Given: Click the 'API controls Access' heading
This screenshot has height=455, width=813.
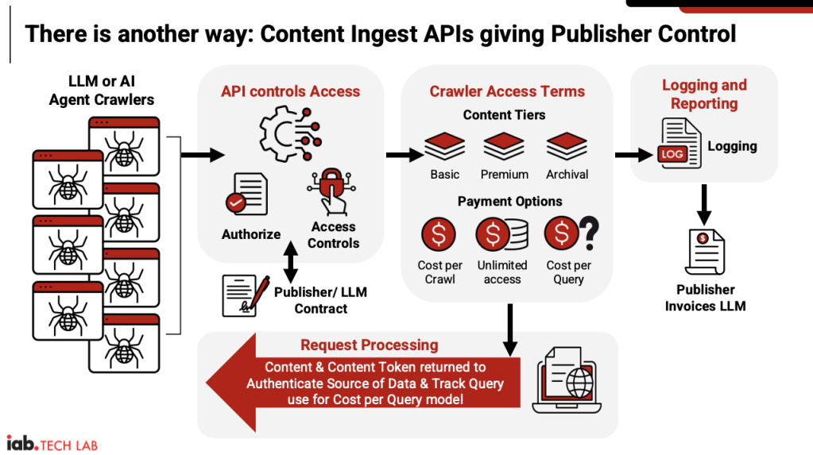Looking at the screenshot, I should click(x=290, y=91).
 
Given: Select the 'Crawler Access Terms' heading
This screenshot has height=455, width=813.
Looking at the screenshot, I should click(x=507, y=91).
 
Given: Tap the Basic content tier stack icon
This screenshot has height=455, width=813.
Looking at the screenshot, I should click(x=444, y=147).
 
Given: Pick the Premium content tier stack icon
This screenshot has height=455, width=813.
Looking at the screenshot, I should click(x=504, y=147).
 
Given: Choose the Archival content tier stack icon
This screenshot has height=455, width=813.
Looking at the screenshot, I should click(x=567, y=147).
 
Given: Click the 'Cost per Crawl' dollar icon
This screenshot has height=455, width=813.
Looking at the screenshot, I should click(x=439, y=235).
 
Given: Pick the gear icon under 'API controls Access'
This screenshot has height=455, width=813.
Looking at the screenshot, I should click(x=288, y=134).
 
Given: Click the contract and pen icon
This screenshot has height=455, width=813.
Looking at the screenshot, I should click(x=246, y=295).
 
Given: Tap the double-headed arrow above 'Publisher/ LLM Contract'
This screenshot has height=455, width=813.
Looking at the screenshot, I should click(x=291, y=260).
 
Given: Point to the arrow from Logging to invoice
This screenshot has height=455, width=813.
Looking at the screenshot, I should click(x=704, y=205).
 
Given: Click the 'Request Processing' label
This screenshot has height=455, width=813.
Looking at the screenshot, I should click(x=369, y=345).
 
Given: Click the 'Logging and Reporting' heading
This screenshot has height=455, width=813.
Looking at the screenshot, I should click(x=704, y=94).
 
